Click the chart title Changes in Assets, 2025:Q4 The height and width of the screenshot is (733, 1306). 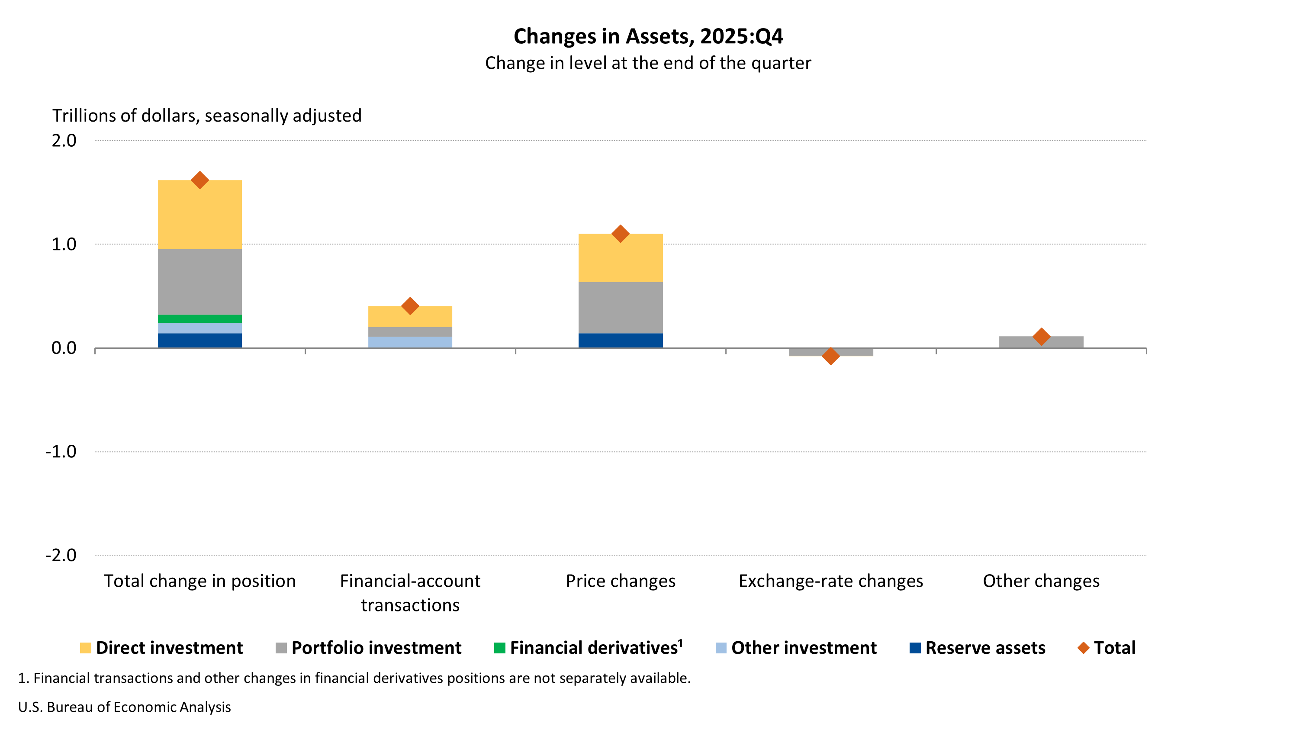(648, 36)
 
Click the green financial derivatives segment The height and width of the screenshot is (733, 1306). (200, 319)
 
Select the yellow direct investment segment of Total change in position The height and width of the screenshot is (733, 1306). (200, 215)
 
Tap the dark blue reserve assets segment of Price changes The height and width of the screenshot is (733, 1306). (621, 340)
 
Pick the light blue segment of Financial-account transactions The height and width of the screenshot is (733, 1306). (410, 342)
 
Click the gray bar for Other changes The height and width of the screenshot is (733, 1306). (1041, 342)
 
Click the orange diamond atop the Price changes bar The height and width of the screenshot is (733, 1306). (621, 234)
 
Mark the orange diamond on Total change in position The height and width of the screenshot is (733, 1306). (200, 180)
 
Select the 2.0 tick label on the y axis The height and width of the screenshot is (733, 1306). (64, 141)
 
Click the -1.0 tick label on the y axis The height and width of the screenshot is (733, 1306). (61, 451)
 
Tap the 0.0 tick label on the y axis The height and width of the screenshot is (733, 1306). (64, 348)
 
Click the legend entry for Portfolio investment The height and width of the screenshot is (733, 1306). (368, 648)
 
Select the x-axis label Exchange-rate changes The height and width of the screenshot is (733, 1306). (830, 581)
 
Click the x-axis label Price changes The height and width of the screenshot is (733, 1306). (621, 581)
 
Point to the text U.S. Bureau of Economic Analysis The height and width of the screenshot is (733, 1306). (124, 707)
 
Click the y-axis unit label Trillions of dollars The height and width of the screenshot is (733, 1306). (207, 116)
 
